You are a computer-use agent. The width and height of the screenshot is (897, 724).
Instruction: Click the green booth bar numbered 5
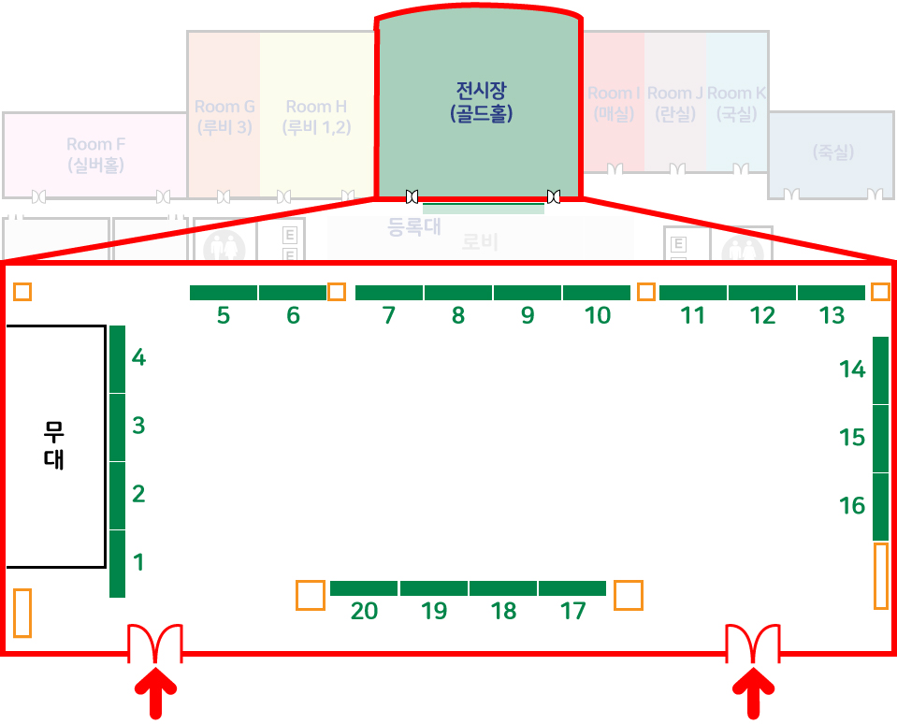tap(224, 293)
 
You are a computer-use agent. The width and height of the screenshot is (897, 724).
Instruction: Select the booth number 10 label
tap(597, 316)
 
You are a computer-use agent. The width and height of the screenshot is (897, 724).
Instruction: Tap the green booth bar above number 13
tap(832, 293)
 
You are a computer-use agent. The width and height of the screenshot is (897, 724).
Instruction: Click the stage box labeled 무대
tap(54, 446)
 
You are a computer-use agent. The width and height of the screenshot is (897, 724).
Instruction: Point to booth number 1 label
tap(138, 562)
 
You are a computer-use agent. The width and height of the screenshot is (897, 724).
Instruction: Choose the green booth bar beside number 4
tap(117, 359)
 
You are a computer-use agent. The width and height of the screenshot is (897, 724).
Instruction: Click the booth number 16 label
tap(852, 506)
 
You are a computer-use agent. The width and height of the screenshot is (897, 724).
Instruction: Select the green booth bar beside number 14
tap(880, 370)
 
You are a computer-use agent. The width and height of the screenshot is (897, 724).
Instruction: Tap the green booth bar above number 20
tap(364, 588)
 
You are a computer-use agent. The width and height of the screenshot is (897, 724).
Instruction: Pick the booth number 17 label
tap(572, 612)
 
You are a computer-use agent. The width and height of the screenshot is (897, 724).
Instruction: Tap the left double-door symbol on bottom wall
tap(155, 644)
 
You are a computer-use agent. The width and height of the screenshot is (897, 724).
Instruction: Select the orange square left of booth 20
tap(311, 595)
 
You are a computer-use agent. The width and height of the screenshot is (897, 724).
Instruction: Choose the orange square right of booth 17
tap(629, 595)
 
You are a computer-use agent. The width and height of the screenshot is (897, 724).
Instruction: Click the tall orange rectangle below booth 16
tap(880, 576)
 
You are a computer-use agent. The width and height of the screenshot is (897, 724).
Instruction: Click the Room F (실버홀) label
tap(95, 154)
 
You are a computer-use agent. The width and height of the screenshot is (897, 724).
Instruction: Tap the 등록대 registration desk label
tap(413, 226)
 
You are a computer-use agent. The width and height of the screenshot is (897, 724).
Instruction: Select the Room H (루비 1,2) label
tap(316, 117)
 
